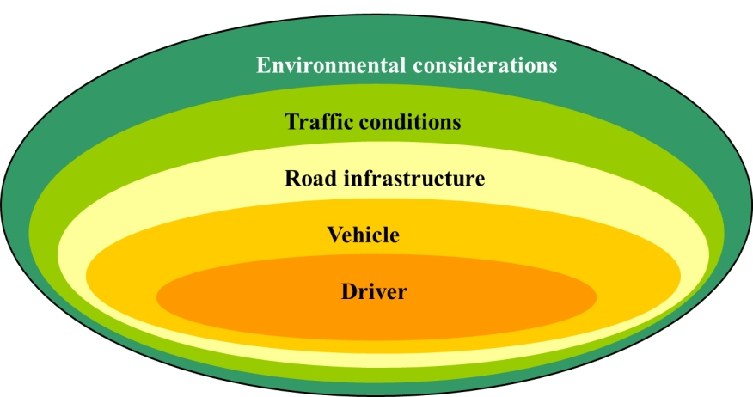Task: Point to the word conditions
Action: click(410, 122)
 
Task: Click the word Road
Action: click(311, 178)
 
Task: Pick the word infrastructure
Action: click(414, 178)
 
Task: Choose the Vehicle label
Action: click(364, 235)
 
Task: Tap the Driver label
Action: click(374, 291)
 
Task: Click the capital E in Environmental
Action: click(263, 65)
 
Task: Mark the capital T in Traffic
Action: click(292, 122)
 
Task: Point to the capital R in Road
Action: click(292, 178)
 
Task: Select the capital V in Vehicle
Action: click(335, 235)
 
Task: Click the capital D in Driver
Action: click(349, 291)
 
